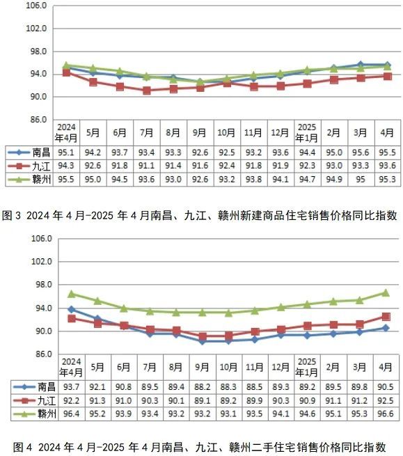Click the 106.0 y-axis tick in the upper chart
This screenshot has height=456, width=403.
pos(35,6)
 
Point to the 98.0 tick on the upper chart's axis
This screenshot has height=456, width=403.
pos(38,52)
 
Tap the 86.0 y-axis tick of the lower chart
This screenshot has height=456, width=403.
pos(38,354)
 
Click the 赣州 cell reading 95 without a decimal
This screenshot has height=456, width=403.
pos(361,180)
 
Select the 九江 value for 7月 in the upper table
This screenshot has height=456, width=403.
pos(146,166)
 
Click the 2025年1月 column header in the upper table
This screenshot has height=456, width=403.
pos(307,132)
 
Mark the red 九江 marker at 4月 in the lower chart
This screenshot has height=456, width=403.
pos(386,317)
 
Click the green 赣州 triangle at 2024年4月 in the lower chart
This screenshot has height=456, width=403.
pos(71,294)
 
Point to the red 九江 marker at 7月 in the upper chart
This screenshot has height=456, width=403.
pos(146,91)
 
